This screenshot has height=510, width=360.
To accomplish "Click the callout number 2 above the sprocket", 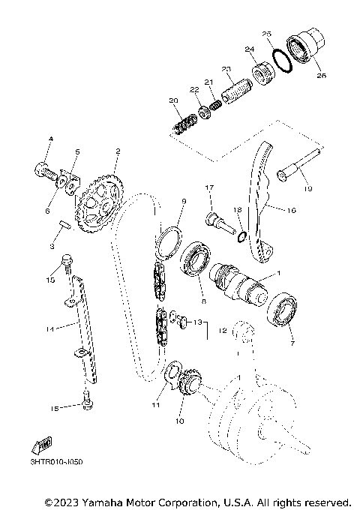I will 117,151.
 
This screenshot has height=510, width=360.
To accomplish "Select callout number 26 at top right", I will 321,75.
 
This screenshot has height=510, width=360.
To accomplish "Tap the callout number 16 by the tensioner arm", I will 291,211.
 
